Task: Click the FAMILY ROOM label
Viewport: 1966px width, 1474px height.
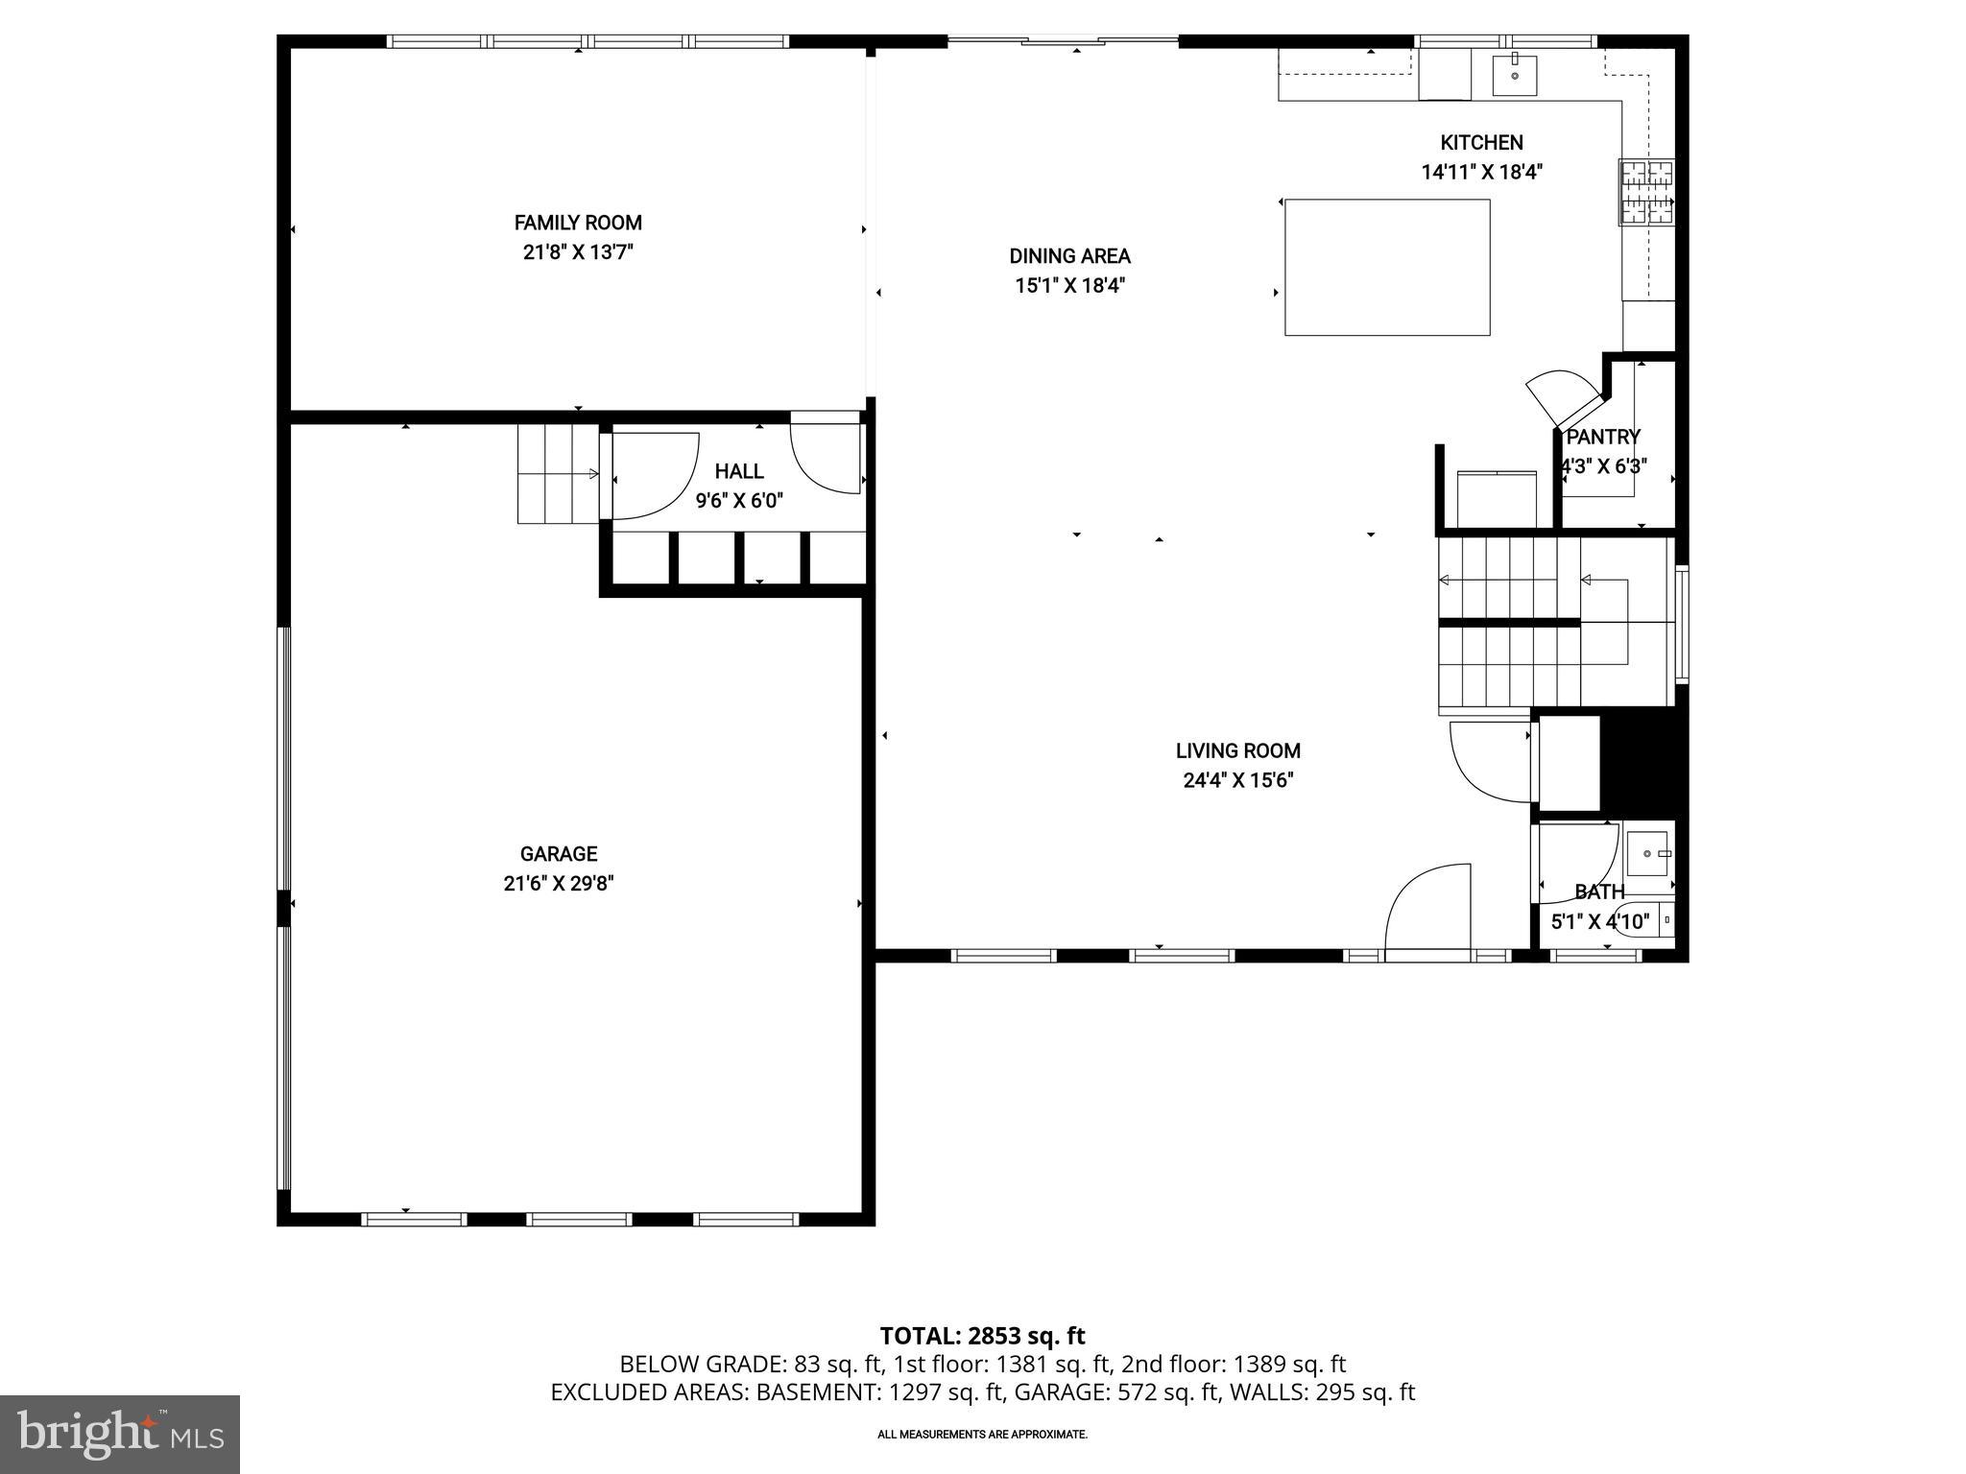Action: (578, 223)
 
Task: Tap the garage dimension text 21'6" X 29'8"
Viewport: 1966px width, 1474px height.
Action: (559, 884)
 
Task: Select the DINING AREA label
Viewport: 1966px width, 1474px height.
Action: (1069, 256)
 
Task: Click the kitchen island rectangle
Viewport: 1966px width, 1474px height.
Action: (1387, 268)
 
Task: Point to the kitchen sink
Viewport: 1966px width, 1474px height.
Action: (1515, 75)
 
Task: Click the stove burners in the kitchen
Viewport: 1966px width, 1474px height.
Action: (1647, 192)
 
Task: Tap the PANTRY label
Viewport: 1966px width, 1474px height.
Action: (1603, 438)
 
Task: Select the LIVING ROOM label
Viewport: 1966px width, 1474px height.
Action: (1238, 751)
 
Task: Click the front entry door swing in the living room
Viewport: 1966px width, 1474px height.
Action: (1427, 907)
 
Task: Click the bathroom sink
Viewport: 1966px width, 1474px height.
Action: (1648, 853)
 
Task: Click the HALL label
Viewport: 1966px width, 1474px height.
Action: (739, 471)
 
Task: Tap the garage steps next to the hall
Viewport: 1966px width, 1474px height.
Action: (557, 474)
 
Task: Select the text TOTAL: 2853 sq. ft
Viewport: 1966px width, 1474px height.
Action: (982, 1336)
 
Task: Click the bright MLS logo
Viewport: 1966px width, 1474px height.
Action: (120, 1435)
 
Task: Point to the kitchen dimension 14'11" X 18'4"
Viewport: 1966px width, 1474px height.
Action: (1481, 173)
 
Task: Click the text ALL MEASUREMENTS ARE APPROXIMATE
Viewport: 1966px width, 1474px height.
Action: (982, 1435)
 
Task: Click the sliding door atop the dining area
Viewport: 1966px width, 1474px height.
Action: (1063, 41)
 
